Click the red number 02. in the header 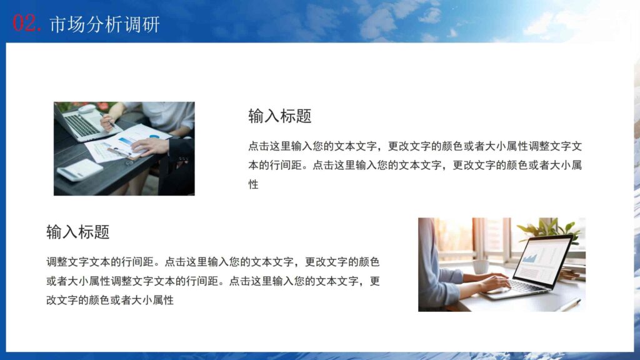(x=27, y=24)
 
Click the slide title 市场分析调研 (x=104, y=24)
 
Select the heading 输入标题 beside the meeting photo (x=279, y=116)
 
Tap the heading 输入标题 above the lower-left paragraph (x=78, y=232)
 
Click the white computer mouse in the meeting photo (x=87, y=109)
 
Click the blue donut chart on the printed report (x=154, y=137)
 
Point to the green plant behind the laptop (x=549, y=227)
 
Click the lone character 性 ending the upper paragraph (x=253, y=185)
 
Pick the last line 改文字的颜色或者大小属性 (x=109, y=301)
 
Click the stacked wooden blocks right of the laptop (x=572, y=272)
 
